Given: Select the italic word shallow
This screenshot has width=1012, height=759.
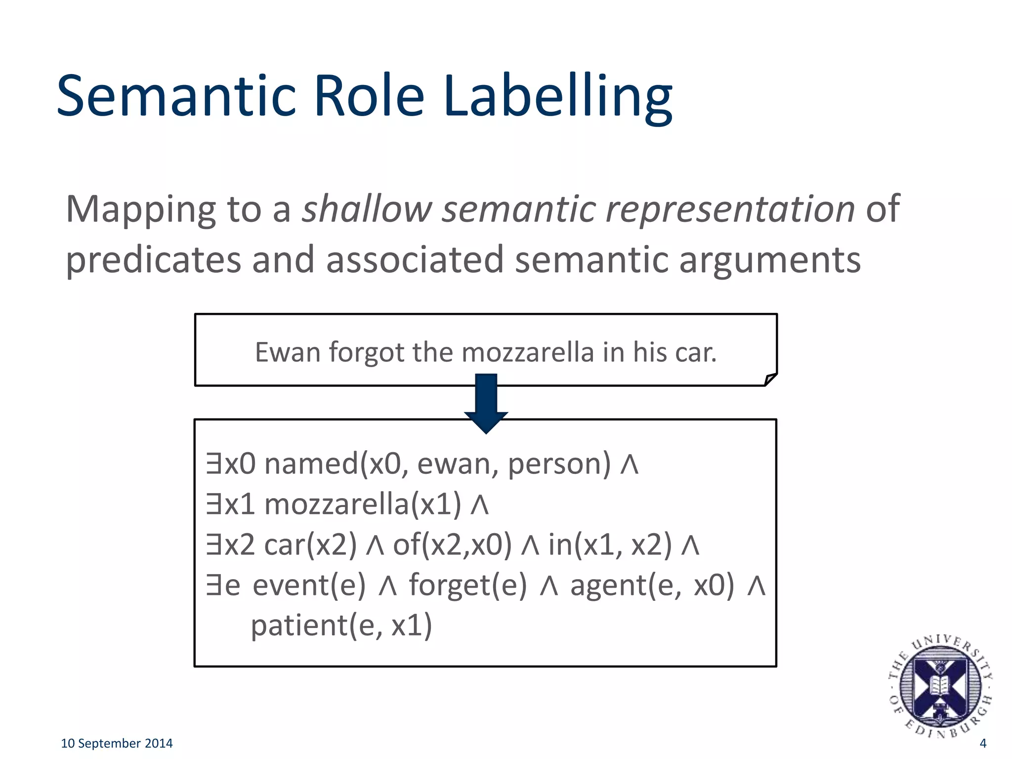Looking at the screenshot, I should [367, 209].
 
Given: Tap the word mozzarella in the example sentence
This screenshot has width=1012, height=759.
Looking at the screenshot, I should [527, 353].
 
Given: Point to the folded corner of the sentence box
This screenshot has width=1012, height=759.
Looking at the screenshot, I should [770, 379].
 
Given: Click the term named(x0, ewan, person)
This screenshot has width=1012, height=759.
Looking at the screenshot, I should [437, 464].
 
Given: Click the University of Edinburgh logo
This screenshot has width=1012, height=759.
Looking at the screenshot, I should [940, 686].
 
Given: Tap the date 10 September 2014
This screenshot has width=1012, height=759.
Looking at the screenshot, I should [117, 743].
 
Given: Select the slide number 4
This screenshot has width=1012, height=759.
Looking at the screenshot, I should [982, 743].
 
